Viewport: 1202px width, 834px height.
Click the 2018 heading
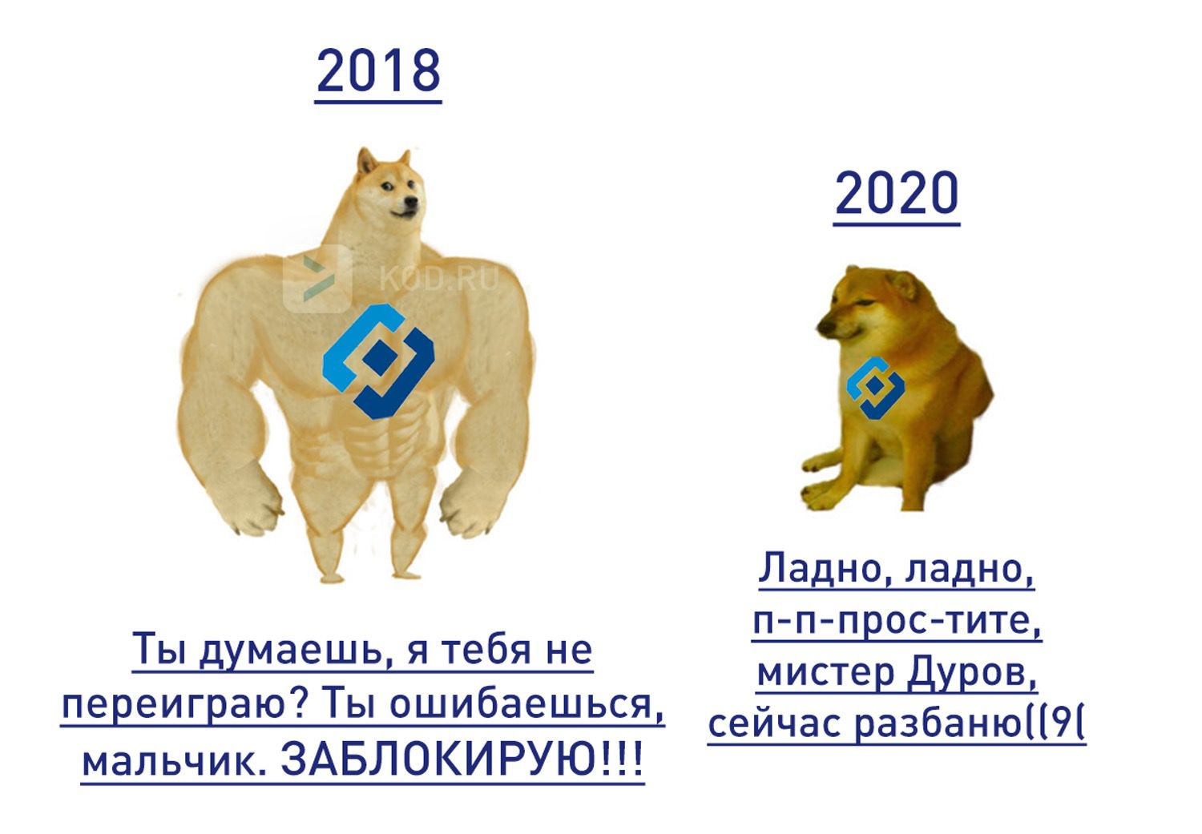(378, 71)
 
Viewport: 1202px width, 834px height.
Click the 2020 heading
(896, 193)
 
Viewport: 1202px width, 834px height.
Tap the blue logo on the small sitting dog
(875, 387)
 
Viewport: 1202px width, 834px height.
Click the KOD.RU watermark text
(438, 279)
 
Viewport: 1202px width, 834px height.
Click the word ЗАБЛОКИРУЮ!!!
(462, 760)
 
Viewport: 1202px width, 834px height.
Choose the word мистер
(825, 672)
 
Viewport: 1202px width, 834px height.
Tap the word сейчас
(775, 723)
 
